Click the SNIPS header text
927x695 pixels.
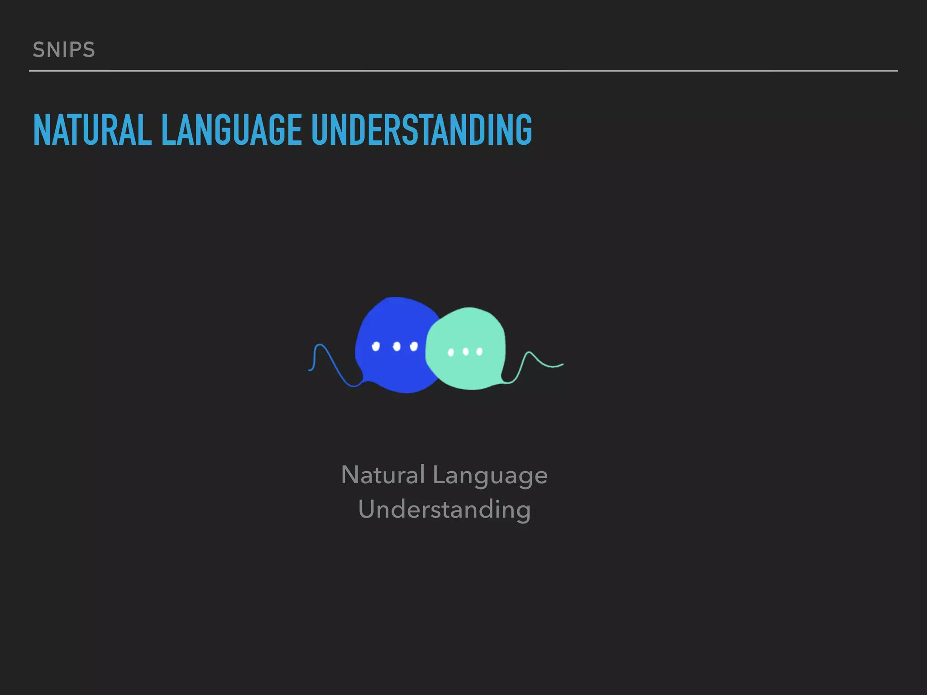(x=64, y=50)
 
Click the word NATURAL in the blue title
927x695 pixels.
(x=92, y=130)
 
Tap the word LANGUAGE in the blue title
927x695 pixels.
(x=231, y=130)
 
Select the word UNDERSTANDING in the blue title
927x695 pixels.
(x=421, y=130)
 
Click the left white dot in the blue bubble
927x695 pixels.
(x=376, y=347)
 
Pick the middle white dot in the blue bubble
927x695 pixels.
(x=397, y=347)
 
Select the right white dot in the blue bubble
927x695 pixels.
(x=414, y=347)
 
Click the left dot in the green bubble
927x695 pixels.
(x=451, y=352)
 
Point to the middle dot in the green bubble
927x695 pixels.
(x=465, y=352)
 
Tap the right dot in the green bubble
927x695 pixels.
(x=479, y=352)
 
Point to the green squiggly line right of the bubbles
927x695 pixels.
(x=534, y=360)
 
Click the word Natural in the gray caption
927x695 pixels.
(x=383, y=475)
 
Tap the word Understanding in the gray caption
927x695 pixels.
(x=444, y=510)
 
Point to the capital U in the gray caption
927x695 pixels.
(x=367, y=509)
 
